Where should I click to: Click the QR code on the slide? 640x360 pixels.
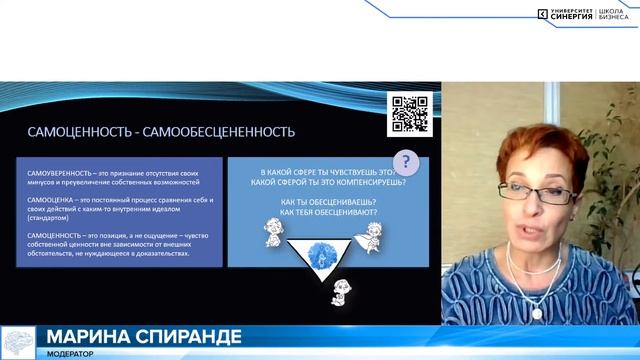point(410,114)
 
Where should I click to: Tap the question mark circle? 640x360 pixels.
point(404,162)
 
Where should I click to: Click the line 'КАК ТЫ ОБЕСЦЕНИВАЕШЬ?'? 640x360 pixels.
point(309,201)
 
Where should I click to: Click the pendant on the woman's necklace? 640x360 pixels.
point(537,313)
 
